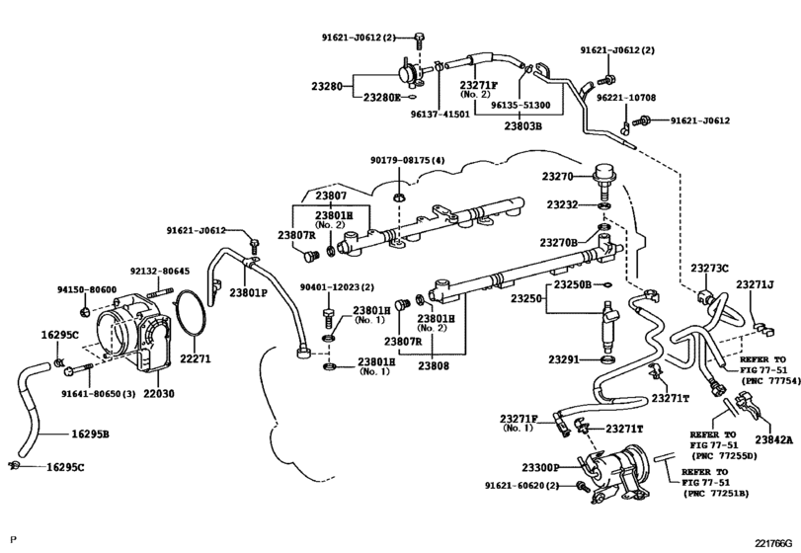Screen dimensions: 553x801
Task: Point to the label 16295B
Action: tap(90, 434)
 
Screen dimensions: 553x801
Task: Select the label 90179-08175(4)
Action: tap(408, 161)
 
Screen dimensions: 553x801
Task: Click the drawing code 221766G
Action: tap(773, 543)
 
